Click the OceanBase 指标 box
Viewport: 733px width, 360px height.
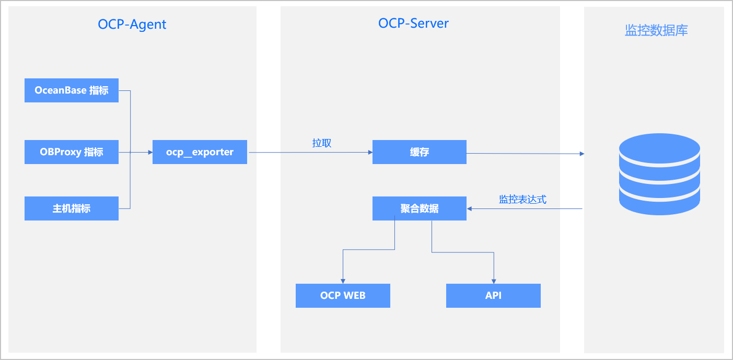coord(72,90)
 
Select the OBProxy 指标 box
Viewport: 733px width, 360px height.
coord(72,152)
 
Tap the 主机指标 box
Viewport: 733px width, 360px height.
coord(72,208)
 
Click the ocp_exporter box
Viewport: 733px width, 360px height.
coord(200,152)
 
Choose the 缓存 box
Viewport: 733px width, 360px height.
coord(419,152)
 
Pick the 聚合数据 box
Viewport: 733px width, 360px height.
coord(419,208)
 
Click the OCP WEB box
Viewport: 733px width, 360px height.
coord(343,296)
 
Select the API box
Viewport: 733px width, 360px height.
coord(493,296)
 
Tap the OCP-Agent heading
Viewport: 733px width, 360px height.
coord(132,25)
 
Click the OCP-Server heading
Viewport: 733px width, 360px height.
coord(413,24)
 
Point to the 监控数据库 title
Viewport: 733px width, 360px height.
coord(656,30)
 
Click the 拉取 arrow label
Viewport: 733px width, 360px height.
coord(322,143)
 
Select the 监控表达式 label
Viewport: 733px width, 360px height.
coord(522,199)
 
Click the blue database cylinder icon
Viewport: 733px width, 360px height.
coord(659,174)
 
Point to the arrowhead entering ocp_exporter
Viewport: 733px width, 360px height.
coord(150,152)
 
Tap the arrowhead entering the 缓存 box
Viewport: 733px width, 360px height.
coord(370,152)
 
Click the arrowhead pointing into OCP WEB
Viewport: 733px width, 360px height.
coord(343,282)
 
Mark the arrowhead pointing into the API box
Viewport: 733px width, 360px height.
coord(494,282)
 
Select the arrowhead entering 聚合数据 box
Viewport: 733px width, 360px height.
coord(469,208)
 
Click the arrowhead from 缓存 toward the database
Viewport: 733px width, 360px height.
coord(582,154)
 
